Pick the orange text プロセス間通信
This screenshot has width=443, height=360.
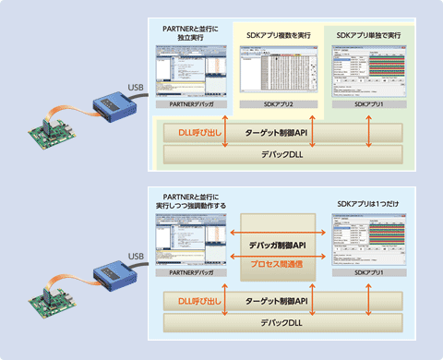(x=280, y=263)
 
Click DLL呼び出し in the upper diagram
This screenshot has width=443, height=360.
(x=197, y=132)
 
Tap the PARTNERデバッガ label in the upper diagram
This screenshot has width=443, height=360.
(x=191, y=105)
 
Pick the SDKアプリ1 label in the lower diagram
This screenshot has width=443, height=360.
(x=369, y=274)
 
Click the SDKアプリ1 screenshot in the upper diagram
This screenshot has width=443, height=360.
(x=369, y=70)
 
